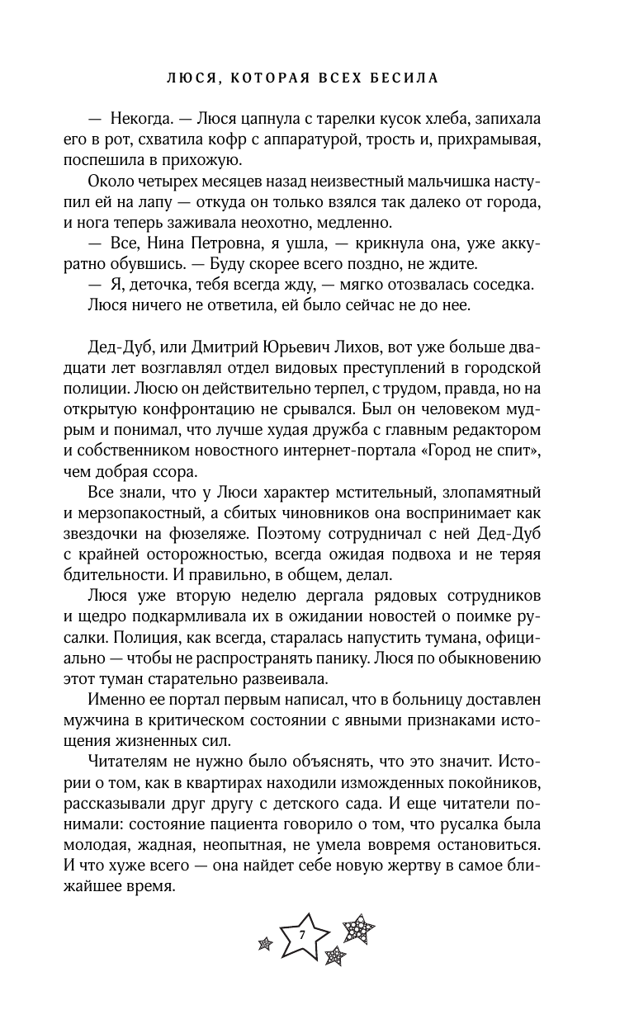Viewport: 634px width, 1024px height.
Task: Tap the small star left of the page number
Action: click(x=266, y=941)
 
